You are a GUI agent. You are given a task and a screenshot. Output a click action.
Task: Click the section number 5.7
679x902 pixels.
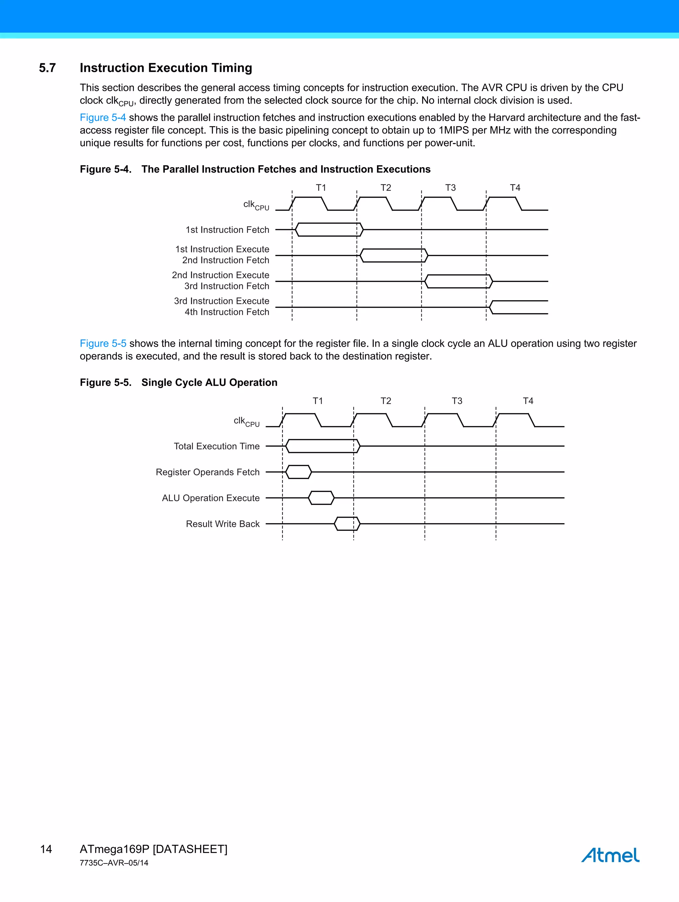tap(47, 68)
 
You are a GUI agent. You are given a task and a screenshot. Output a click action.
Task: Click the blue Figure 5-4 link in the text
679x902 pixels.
tap(103, 117)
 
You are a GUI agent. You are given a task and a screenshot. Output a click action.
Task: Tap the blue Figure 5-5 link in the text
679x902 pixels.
tap(103, 343)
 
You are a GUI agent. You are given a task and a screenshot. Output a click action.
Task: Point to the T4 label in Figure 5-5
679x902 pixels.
tap(528, 401)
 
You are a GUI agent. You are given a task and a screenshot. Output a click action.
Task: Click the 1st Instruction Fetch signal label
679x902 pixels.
tap(227, 230)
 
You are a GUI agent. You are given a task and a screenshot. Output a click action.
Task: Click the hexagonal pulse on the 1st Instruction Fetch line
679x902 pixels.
tap(329, 230)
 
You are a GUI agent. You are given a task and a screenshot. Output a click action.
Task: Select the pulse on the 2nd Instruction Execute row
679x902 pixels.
tap(459, 281)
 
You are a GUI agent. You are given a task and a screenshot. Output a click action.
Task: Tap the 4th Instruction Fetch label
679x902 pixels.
tap(227, 312)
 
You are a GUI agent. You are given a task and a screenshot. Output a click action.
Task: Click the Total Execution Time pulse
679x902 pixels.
tap(322, 446)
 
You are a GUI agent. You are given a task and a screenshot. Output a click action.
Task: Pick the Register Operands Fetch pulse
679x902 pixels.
tap(298, 472)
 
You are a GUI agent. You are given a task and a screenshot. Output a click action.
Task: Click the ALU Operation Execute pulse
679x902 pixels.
tap(321, 498)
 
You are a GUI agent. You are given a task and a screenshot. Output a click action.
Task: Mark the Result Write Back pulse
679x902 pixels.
tap(347, 523)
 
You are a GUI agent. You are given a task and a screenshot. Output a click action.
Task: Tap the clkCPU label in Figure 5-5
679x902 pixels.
tap(246, 422)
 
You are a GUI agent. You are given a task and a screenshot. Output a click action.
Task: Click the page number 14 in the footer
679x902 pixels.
tap(46, 849)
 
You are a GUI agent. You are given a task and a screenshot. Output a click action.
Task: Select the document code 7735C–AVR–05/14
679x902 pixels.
tap(114, 863)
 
